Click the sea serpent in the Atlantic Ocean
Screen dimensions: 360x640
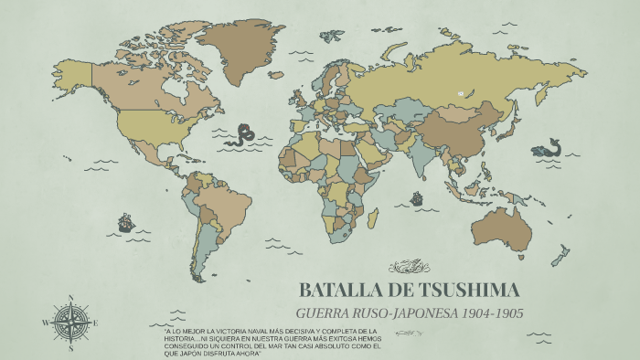click(244, 135)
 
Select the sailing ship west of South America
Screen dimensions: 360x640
click(125, 222)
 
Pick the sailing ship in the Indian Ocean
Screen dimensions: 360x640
click(417, 198)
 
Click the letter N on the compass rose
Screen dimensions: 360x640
click(71, 297)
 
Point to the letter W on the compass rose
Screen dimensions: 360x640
click(46, 323)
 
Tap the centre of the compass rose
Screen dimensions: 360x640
click(71, 323)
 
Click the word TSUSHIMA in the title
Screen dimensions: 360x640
click(469, 291)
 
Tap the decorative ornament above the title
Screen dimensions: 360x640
click(410, 267)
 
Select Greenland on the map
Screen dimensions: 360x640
click(240, 46)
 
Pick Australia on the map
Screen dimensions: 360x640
click(501, 228)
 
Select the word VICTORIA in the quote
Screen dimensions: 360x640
click(226, 330)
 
